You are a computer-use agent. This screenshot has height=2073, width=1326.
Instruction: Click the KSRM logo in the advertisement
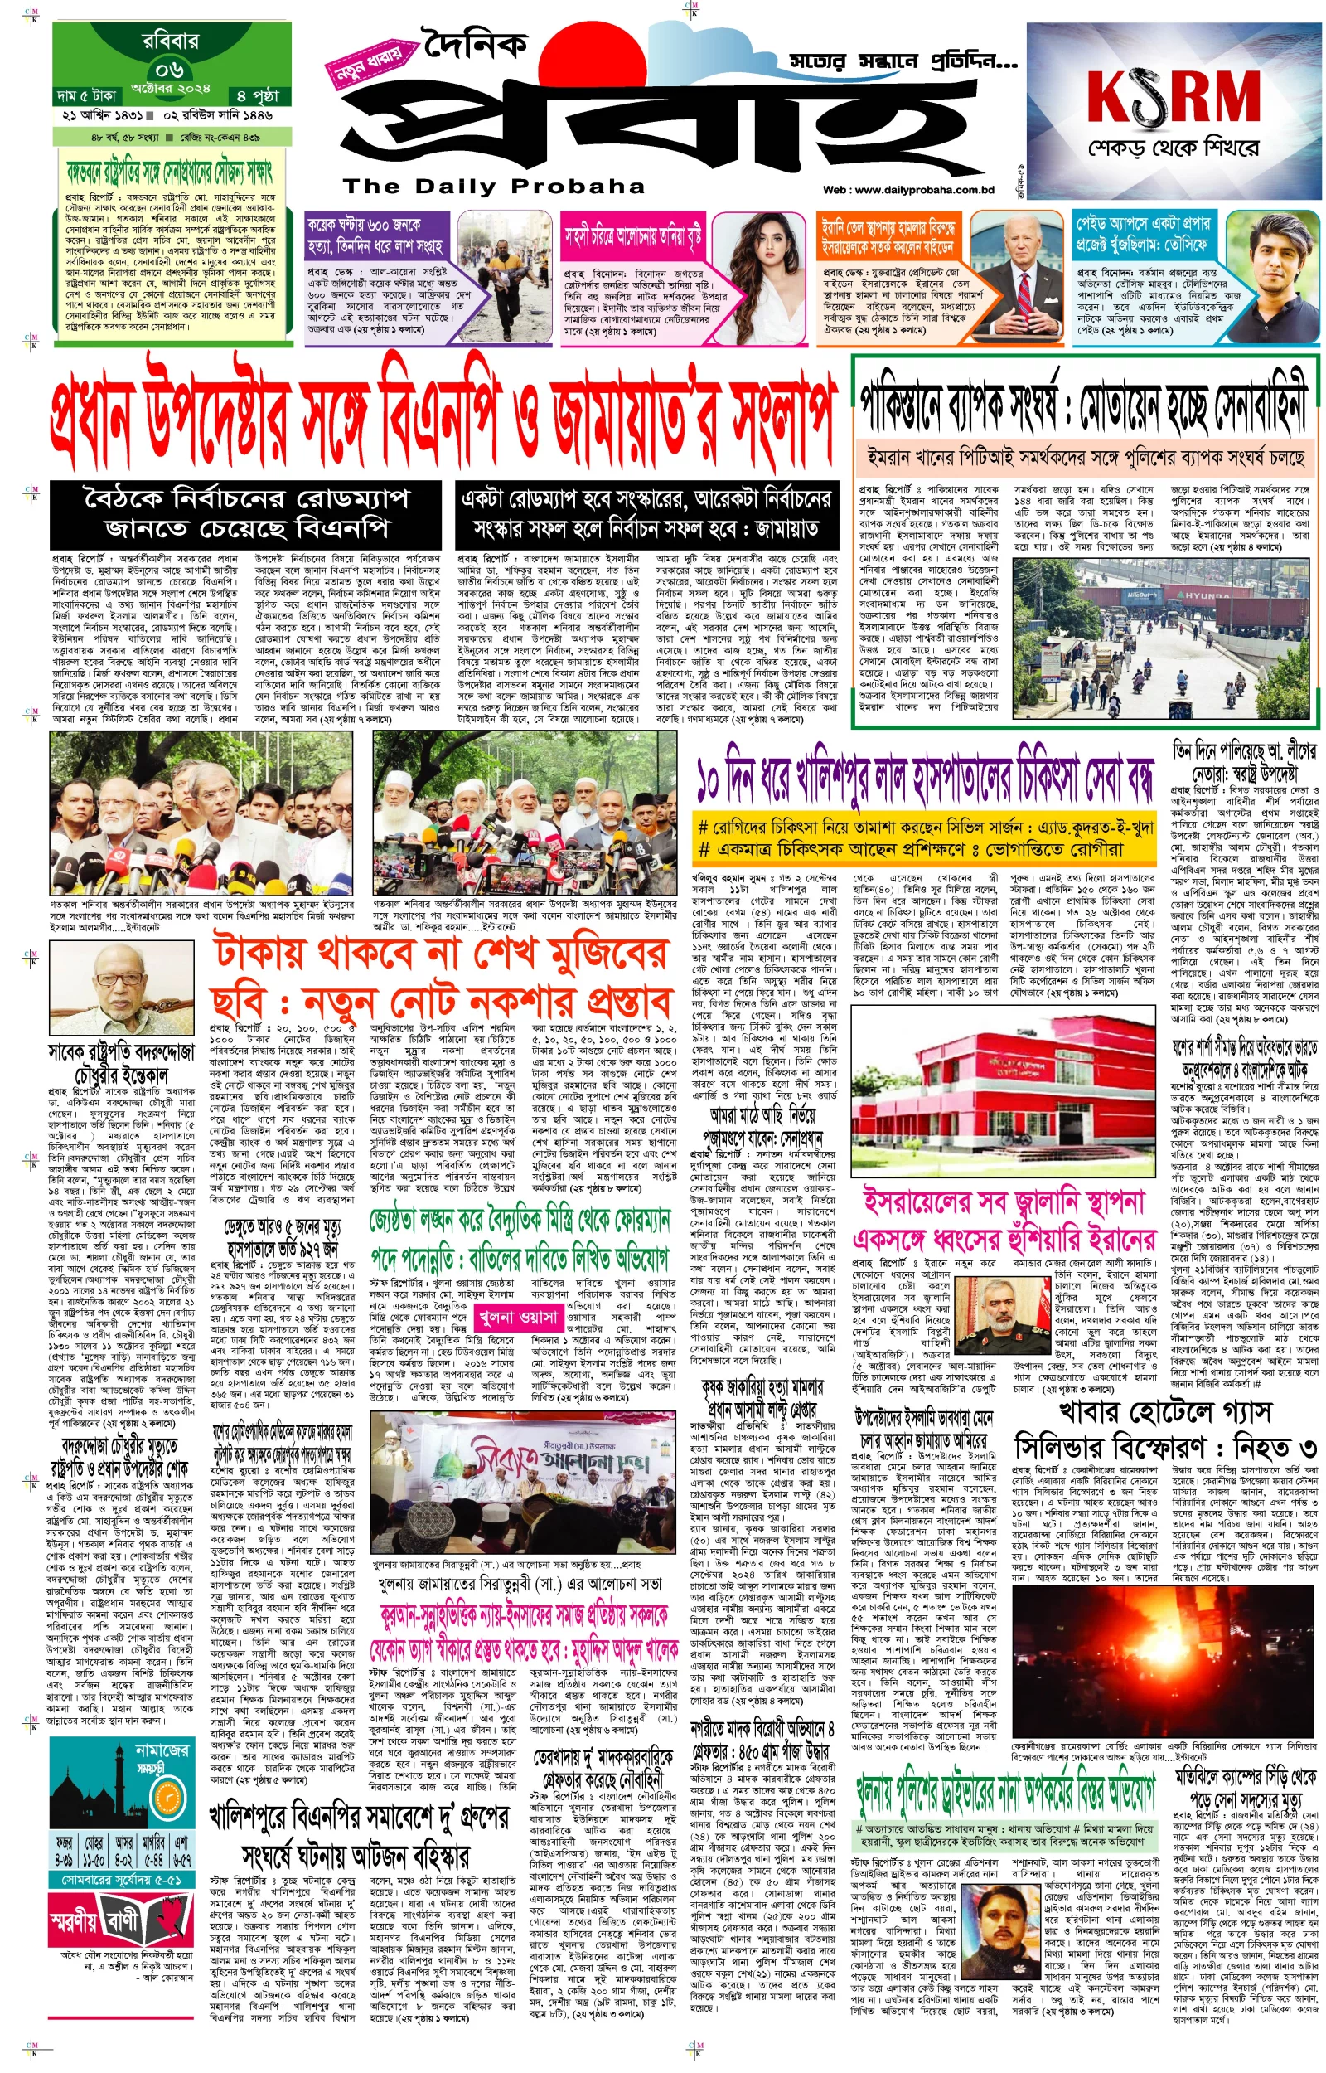1173,95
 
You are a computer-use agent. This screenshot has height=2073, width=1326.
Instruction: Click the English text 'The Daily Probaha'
493,186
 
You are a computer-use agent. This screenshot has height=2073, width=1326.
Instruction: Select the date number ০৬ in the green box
170,68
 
